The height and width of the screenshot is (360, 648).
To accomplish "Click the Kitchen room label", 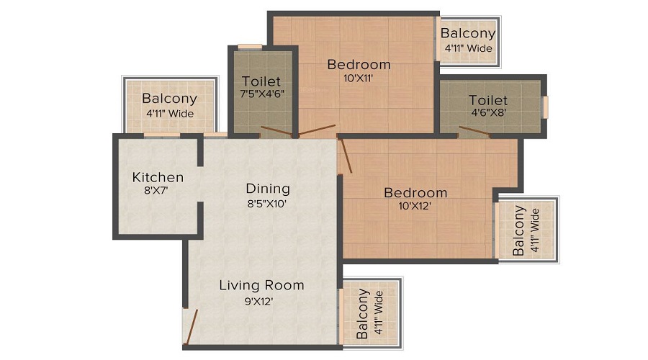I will (158, 177).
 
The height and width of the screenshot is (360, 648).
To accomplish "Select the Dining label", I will (268, 189).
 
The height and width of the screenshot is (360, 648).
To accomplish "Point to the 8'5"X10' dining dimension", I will (268, 204).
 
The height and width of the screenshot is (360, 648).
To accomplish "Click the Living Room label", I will (261, 285).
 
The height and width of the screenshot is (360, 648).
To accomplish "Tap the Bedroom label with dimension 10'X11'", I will (359, 65).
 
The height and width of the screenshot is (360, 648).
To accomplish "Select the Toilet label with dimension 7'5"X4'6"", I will (261, 81).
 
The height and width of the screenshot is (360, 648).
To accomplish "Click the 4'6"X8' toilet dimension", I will (489, 113).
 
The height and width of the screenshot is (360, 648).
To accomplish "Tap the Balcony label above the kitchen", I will (169, 99).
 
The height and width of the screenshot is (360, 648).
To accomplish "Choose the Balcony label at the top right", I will (468, 33).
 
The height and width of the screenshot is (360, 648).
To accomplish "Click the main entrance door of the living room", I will (190, 328).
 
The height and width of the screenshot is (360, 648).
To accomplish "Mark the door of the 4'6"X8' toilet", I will (474, 131).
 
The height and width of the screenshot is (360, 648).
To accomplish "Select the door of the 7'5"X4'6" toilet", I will (276, 131).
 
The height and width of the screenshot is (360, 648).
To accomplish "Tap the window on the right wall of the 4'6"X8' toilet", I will (545, 107).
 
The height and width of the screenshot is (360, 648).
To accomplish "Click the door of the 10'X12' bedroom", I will (346, 156).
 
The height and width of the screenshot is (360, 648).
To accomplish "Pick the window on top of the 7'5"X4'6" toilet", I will (250, 47).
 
